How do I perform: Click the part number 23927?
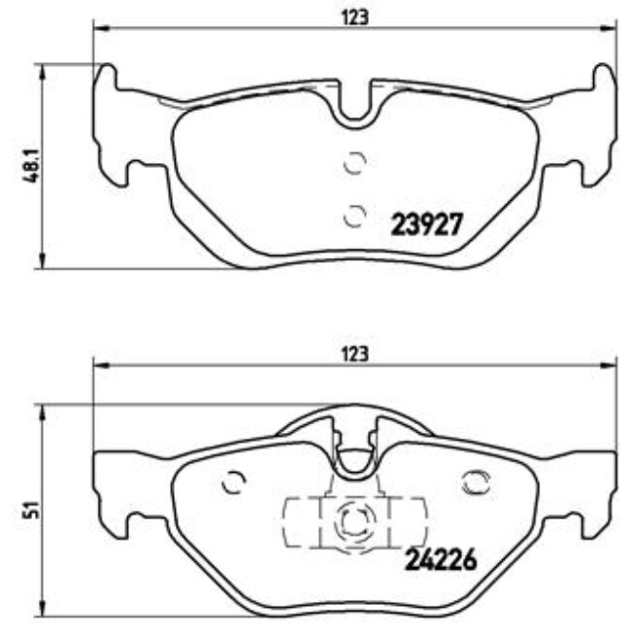[x=428, y=225]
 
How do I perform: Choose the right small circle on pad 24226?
[x=476, y=482]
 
